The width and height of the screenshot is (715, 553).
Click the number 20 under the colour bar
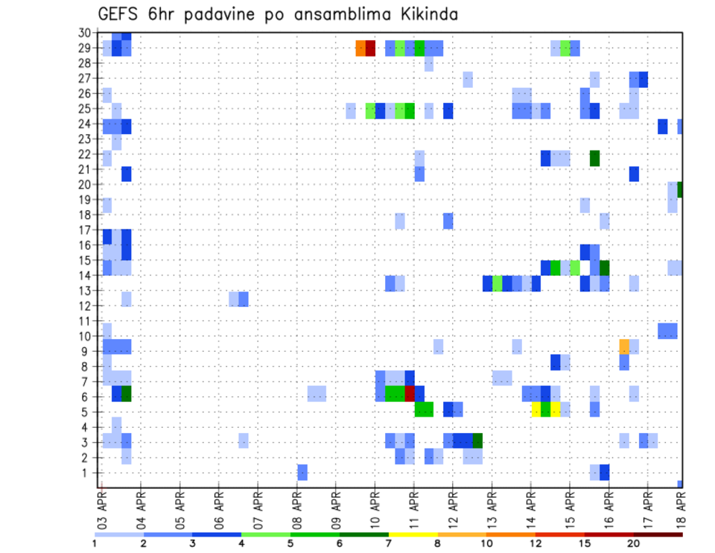634,543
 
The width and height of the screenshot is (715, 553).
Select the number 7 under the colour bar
388,543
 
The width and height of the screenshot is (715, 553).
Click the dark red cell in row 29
370,48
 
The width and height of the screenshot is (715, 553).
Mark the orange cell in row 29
360,48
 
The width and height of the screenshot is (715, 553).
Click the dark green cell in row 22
594,158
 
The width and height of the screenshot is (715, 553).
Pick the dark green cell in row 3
477,440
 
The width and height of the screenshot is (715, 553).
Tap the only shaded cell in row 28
429,64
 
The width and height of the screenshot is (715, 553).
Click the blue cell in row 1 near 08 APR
302,472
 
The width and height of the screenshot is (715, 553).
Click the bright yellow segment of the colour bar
413,534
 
